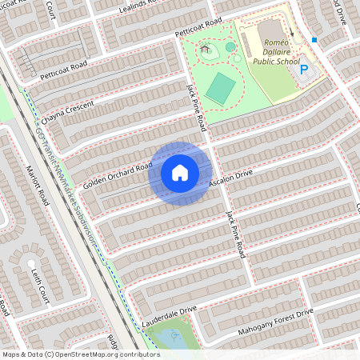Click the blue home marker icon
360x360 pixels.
(180, 173)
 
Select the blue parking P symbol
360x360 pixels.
(304, 71)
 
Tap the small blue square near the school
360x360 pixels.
(315, 39)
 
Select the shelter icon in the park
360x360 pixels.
(206, 49)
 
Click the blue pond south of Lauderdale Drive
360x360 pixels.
(171, 338)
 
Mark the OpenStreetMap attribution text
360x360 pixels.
(80, 354)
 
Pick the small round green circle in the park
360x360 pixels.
(230, 47)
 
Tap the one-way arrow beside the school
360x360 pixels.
(293, 34)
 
